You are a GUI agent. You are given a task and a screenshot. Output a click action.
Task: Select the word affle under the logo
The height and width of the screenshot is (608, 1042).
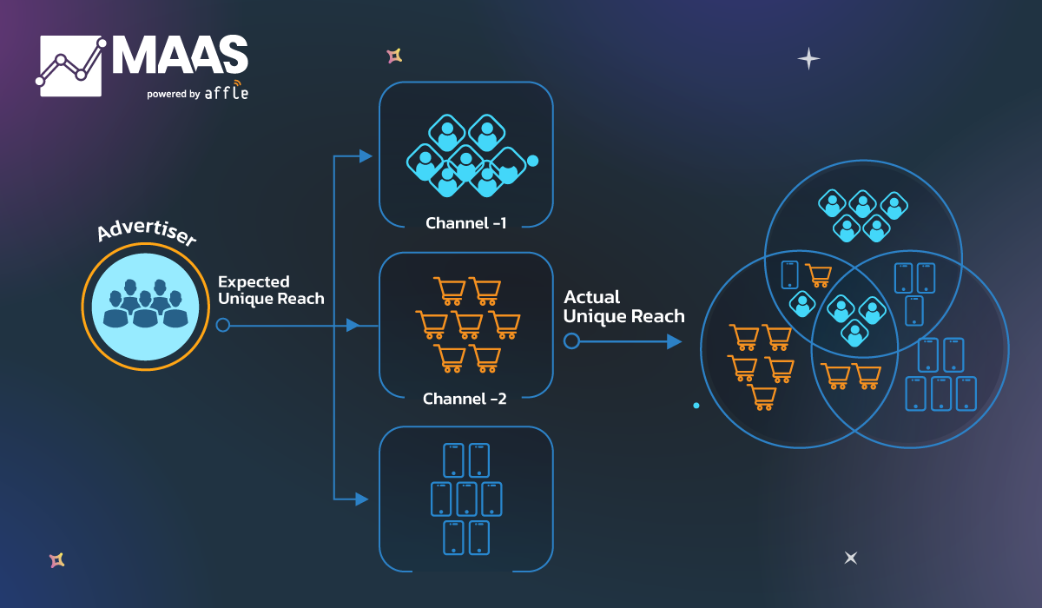pyautogui.click(x=227, y=91)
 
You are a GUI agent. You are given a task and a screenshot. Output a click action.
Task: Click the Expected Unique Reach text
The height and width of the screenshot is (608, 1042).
pyautogui.click(x=271, y=290)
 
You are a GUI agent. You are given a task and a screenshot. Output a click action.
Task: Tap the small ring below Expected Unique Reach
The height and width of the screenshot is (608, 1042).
pyautogui.click(x=222, y=326)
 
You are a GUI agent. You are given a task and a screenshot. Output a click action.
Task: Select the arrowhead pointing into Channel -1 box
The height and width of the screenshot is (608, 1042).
pyautogui.click(x=366, y=156)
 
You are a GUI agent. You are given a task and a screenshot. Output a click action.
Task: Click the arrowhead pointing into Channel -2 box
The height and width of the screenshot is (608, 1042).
pyautogui.click(x=353, y=326)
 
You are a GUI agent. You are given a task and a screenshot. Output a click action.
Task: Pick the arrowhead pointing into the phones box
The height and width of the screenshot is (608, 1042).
pyautogui.click(x=363, y=499)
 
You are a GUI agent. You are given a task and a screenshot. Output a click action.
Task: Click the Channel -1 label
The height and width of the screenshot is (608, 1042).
pyautogui.click(x=466, y=223)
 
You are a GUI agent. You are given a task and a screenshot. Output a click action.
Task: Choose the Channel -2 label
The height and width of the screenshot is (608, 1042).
pyautogui.click(x=465, y=399)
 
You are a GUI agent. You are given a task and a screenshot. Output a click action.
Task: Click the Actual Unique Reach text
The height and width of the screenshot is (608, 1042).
pyautogui.click(x=623, y=307)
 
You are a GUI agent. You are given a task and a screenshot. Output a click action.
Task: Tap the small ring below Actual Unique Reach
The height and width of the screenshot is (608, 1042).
pyautogui.click(x=571, y=341)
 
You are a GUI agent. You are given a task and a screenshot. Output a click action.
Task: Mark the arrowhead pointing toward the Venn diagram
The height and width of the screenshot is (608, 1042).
pyautogui.click(x=674, y=341)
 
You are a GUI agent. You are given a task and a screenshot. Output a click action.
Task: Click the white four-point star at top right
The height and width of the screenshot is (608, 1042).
pyautogui.click(x=808, y=59)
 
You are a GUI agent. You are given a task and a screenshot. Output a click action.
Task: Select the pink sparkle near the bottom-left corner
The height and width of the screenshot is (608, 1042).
pyautogui.click(x=57, y=560)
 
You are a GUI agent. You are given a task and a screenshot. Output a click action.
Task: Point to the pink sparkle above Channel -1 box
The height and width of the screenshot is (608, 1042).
pyautogui.click(x=394, y=56)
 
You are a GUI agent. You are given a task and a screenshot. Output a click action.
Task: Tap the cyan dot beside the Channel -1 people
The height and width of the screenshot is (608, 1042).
pyautogui.click(x=533, y=161)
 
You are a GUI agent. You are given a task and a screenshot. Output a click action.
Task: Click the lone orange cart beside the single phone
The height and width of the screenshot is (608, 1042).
pyautogui.click(x=818, y=274)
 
